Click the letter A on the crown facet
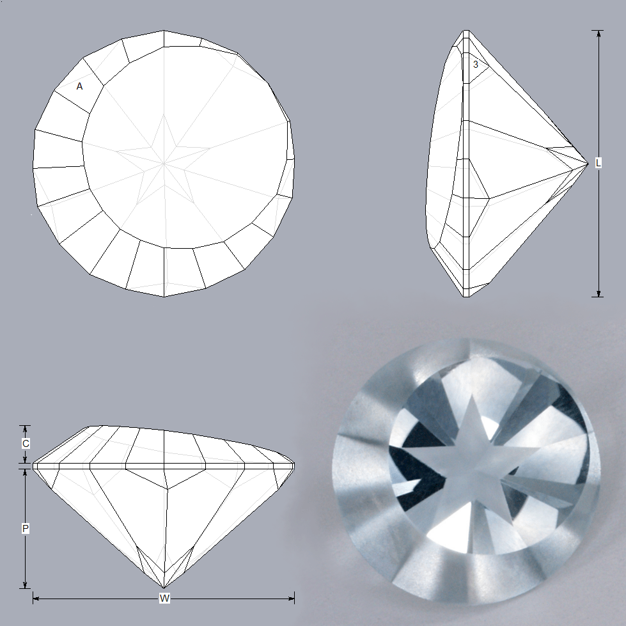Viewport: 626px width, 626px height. pos(79,86)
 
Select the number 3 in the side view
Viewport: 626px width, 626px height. pos(476,65)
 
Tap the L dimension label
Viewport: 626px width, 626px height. pos(598,163)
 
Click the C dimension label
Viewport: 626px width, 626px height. pos(25,443)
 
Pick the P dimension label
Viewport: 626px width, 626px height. pos(25,529)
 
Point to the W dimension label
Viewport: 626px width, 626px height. pos(164,599)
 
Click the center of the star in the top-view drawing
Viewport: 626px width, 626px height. pos(164,164)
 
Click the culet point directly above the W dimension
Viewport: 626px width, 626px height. pos(164,588)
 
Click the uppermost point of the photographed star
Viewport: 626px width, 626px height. pos(473,395)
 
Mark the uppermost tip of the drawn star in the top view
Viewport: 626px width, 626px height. pos(164,115)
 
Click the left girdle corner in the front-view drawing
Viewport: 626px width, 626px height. pos(33,466)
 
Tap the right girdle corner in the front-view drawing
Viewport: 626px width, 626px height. pos(295,466)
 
